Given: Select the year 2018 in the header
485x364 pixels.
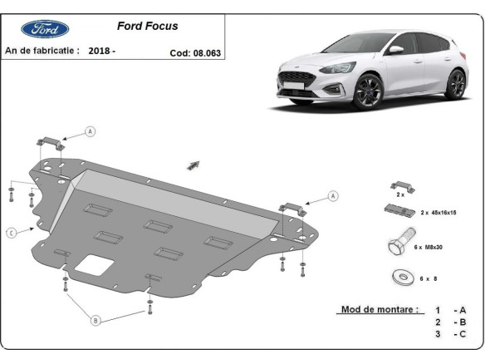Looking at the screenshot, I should [98, 51].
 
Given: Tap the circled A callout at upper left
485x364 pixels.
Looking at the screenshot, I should [90, 131].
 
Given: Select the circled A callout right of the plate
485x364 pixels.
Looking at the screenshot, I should [333, 196].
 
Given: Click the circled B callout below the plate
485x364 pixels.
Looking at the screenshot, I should [95, 320].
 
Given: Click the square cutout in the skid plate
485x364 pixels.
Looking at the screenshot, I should [92, 265].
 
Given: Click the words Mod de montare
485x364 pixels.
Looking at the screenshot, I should [379, 309].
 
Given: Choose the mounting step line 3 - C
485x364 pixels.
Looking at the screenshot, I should [448, 334].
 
